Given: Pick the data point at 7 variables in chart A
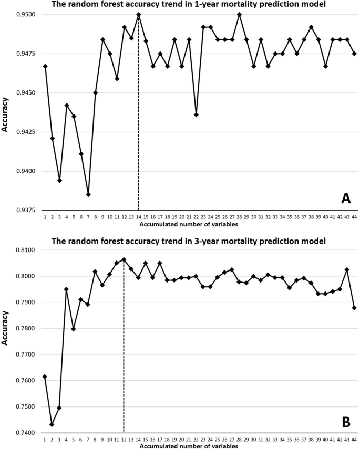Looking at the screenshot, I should (x=88, y=194).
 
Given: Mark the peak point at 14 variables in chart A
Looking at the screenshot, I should (x=138, y=14).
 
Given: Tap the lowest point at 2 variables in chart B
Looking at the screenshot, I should (x=52, y=424).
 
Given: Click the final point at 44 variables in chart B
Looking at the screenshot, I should (x=354, y=308).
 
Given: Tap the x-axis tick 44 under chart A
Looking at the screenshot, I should (x=354, y=217).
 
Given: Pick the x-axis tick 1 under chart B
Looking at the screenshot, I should (x=45, y=440).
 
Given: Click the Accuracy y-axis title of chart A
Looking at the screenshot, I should (x=6, y=112).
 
